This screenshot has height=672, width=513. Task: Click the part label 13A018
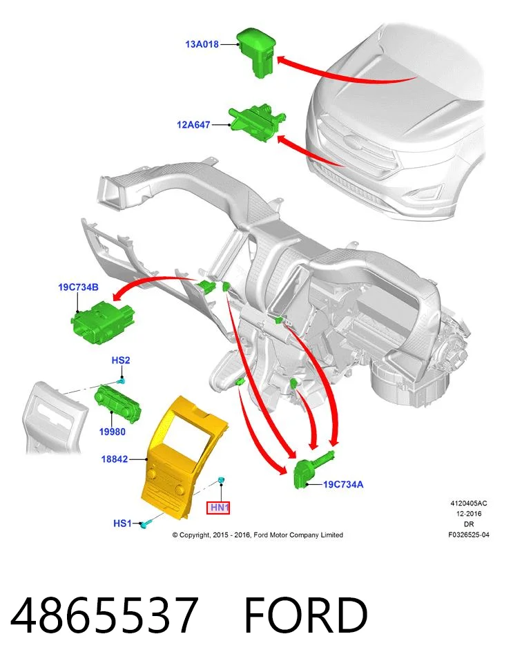pos(202,44)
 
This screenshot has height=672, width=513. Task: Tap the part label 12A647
pos(193,125)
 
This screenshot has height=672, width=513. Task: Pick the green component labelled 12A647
pos(257,123)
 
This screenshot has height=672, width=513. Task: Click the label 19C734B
pos(79,287)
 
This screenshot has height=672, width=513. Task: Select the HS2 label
pos(120,360)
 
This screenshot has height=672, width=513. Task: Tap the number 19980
pos(113,432)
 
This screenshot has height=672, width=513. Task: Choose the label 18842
pos(115,459)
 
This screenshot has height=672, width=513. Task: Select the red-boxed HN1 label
pos(219,508)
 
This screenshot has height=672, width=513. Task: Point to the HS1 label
pos(122,524)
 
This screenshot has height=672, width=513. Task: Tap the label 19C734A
pos(343,484)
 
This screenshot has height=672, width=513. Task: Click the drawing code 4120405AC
pos(468,503)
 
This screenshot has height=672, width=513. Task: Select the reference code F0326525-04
pos(468,535)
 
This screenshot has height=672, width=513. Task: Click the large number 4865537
pos(104,615)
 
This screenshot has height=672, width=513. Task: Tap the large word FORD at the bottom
pos(306,615)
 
